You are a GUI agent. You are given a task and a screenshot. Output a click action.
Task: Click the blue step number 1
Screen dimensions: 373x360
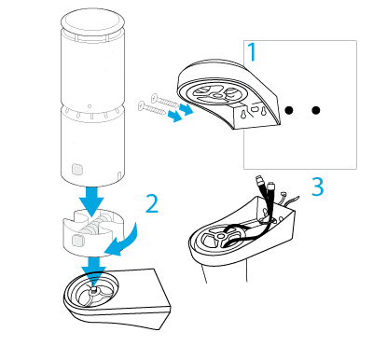[253, 52]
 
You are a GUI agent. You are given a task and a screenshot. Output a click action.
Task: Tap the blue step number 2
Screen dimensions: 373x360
[152, 203]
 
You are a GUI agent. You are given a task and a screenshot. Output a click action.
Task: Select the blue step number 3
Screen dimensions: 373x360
[318, 187]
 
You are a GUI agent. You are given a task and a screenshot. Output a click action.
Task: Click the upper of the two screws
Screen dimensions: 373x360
[165, 101]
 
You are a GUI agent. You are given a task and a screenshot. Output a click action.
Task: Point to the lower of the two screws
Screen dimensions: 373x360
[152, 108]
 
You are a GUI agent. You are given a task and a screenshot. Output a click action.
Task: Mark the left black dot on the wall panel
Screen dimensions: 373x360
[289, 110]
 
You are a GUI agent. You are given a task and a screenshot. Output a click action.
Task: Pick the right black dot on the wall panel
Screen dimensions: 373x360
[316, 110]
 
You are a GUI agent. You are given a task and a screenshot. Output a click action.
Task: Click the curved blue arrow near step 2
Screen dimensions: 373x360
[128, 243]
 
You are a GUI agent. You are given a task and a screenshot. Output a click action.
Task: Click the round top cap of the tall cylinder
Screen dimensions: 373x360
[92, 21]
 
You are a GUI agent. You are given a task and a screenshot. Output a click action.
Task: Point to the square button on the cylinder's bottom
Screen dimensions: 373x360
[77, 169]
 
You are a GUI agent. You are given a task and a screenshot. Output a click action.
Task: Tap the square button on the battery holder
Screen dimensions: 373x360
[77, 241]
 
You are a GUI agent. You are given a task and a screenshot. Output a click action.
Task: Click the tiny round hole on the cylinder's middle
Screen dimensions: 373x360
[90, 106]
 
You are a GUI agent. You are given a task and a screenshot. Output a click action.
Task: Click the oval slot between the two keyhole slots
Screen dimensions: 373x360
[255, 109]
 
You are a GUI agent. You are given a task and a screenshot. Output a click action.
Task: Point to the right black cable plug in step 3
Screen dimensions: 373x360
[271, 187]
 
